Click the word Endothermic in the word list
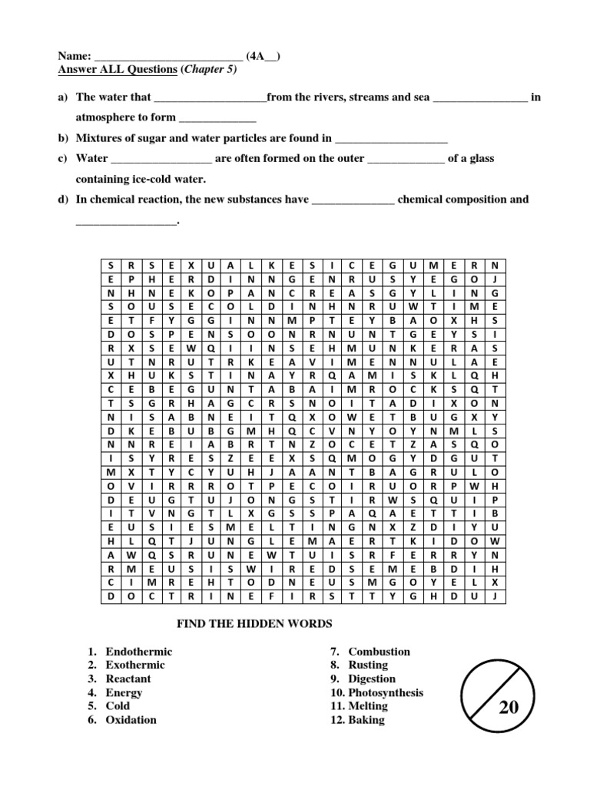coord(138,652)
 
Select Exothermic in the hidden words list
coord(135,665)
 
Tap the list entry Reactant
coord(128,679)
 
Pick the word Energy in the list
coord(124,692)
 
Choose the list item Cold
coord(118,705)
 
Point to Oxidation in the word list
coord(131,719)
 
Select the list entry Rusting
coord(368,665)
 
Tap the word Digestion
coord(372,679)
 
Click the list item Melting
coord(368,705)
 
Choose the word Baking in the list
coord(366,719)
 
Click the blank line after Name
coord(168,56)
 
